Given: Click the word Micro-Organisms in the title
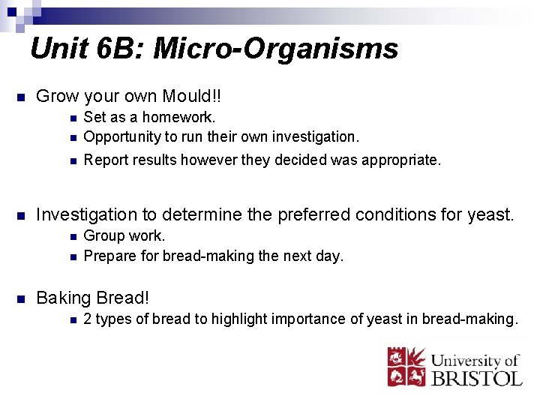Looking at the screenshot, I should pos(276,49).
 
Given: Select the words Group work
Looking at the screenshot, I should pos(124,236).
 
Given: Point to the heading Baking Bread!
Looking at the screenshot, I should pos(93,298).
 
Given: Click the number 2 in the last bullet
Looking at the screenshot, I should pos(88,319).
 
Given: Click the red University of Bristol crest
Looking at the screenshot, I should pos(404,365).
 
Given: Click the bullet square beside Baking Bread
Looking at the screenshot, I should pos(21,298).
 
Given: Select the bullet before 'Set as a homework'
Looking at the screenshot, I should pos(70,118).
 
